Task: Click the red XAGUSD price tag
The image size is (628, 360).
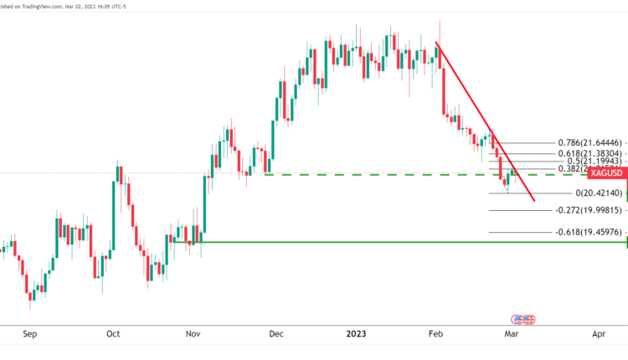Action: click(x=607, y=173)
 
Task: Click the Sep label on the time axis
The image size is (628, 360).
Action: click(x=30, y=334)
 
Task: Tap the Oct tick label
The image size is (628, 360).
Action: click(x=113, y=334)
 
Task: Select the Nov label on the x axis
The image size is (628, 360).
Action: click(x=193, y=334)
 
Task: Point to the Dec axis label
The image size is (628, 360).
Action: click(x=275, y=334)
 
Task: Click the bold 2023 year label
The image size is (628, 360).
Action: click(x=357, y=334)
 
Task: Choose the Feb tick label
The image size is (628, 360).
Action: click(x=435, y=334)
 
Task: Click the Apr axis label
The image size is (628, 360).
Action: click(x=599, y=334)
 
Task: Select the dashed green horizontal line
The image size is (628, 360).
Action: click(x=377, y=174)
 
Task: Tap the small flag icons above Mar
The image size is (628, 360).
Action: click(x=523, y=320)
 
